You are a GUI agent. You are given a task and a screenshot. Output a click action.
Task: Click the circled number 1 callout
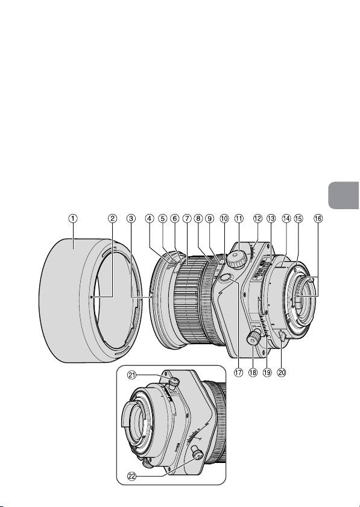pos(73,219)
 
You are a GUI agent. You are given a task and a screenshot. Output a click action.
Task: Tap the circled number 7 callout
pos(186,219)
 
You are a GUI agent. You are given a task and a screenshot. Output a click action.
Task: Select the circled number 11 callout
pos(239,219)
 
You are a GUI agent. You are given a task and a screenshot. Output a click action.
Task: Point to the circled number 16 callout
pos(318,219)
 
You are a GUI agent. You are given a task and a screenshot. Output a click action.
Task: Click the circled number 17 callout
pos(238,373)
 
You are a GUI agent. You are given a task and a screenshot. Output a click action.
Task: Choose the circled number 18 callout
pos(253,373)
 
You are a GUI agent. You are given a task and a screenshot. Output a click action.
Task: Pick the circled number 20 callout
pos(282,373)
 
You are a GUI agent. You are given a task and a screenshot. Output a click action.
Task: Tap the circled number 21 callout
pos(132,376)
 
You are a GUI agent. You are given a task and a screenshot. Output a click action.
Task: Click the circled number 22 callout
pos(132,476)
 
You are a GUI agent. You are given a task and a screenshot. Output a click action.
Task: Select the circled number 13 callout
pos(271,219)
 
